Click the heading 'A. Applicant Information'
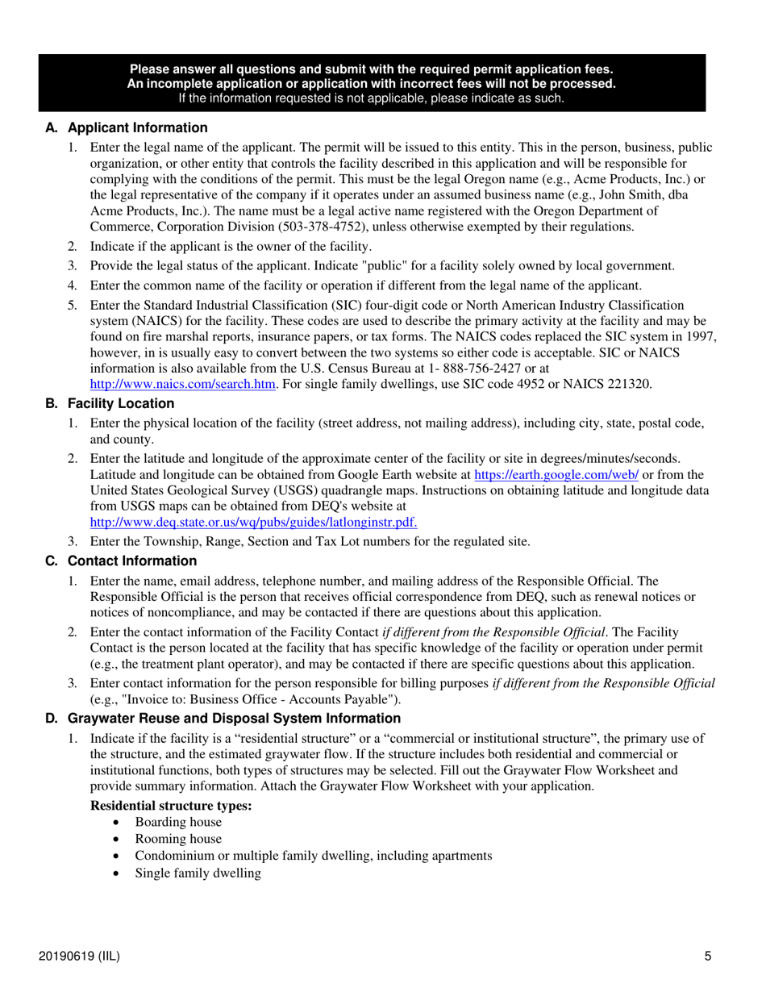coord(127,128)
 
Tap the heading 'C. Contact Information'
coord(121,561)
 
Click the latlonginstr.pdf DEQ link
coord(253,522)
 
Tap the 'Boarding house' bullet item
coord(178,822)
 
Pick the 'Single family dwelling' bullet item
coord(198,873)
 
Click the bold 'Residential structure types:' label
coord(171,805)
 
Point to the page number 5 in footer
coord(707,957)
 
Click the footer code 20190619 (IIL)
coord(79,957)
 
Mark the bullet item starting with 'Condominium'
coord(314,856)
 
